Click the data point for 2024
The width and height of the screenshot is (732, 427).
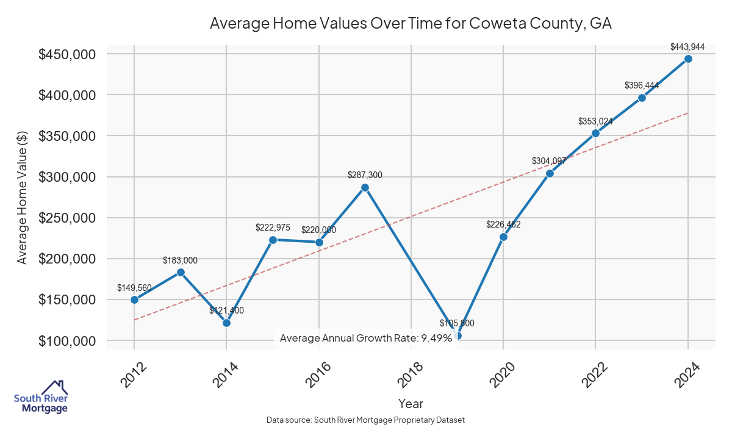688,59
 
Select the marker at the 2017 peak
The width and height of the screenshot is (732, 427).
365,187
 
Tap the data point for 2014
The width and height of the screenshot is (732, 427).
226,323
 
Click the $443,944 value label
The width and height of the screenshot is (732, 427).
687,46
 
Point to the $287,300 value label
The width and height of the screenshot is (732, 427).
365,175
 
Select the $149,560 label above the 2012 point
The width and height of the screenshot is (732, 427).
134,287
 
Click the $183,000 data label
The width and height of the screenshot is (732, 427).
180,260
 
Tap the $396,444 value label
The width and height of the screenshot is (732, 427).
642,85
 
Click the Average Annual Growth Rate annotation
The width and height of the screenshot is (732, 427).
366,338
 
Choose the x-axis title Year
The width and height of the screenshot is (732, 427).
411,403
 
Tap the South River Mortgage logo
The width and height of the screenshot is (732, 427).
41,397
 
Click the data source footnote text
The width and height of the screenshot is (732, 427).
366,420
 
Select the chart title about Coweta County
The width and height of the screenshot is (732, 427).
411,23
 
